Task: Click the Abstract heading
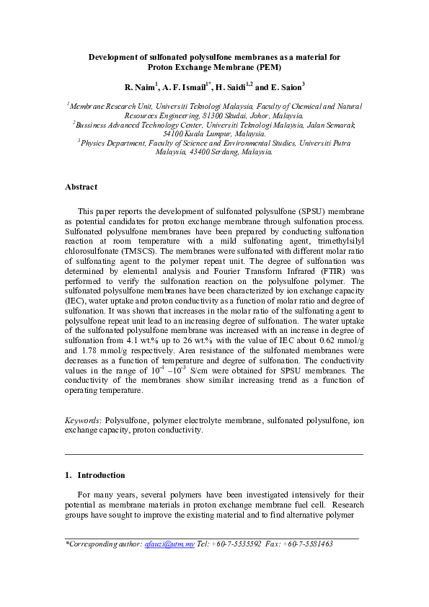click(81, 187)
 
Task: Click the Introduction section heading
click(101, 475)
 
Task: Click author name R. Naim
click(138, 87)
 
